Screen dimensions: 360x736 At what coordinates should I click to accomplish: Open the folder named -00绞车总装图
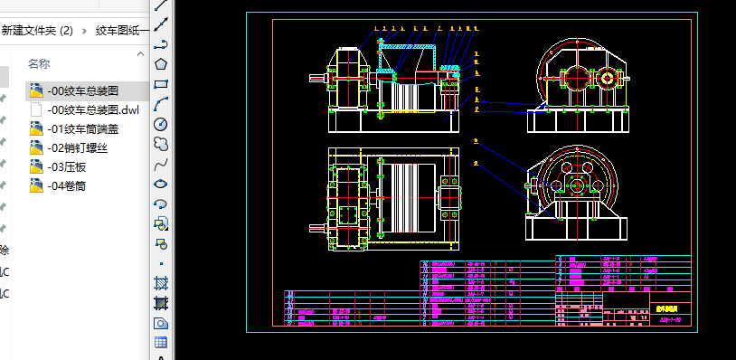click(x=82, y=90)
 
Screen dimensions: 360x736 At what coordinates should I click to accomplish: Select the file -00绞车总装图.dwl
click(x=92, y=109)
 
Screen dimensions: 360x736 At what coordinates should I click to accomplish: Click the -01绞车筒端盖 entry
click(x=82, y=128)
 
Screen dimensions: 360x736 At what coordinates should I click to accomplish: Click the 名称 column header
click(x=39, y=63)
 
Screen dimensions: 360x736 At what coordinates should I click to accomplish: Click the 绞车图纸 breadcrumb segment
click(x=121, y=30)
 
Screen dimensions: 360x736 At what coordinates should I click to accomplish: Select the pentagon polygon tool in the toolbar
click(x=161, y=63)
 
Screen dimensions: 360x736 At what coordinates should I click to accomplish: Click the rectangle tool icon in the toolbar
click(x=161, y=83)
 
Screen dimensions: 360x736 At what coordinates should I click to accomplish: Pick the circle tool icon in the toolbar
click(x=161, y=124)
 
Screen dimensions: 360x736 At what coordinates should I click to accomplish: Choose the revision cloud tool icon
click(x=161, y=144)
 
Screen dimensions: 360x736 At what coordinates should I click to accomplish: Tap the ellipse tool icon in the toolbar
click(x=161, y=184)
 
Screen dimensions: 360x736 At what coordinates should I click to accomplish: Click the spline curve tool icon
click(x=161, y=164)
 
